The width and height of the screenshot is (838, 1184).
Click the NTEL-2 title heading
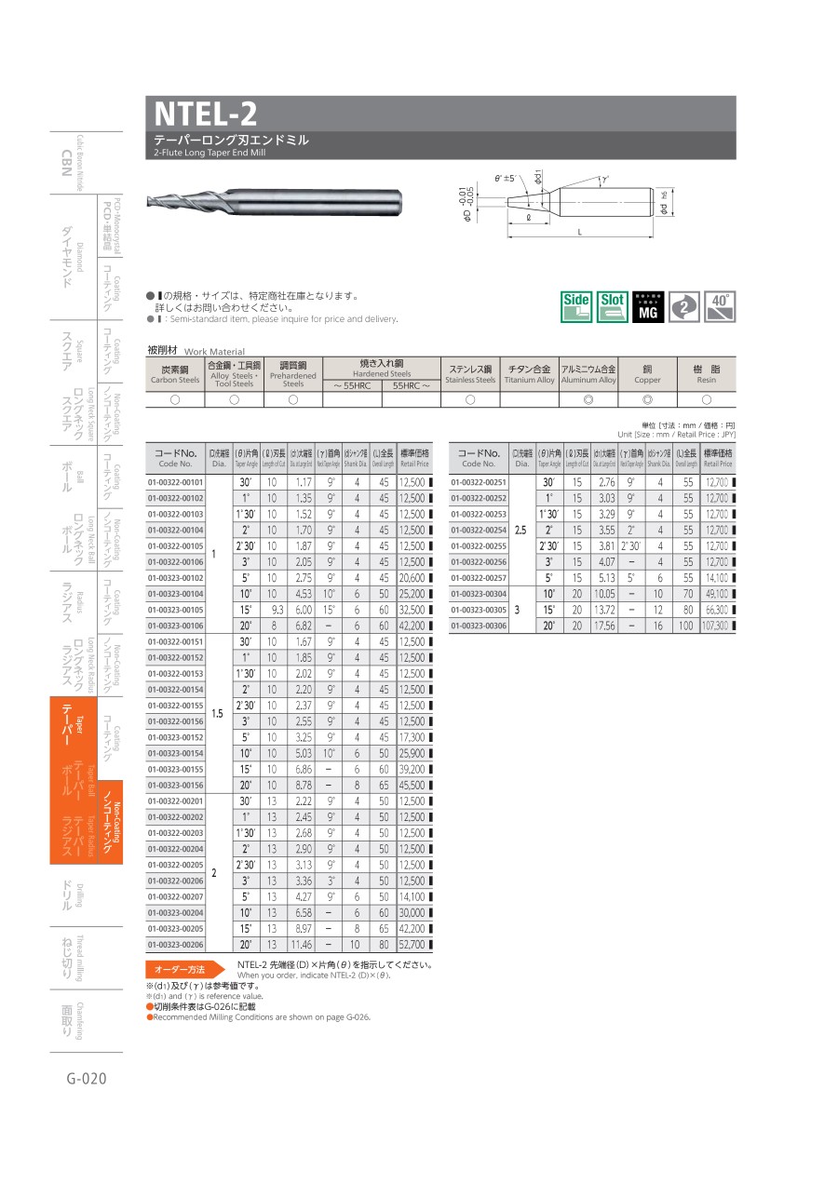click(206, 114)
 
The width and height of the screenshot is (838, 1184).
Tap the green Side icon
click(576, 306)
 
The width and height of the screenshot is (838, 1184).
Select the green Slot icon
click(612, 306)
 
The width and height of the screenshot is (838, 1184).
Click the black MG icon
click(648, 306)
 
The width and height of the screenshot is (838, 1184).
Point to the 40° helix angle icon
click(720, 306)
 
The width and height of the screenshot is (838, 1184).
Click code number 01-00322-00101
click(175, 482)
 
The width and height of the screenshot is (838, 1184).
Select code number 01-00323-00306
click(478, 626)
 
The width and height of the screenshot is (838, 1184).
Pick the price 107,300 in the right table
click(716, 626)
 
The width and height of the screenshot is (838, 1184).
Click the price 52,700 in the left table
click(412, 944)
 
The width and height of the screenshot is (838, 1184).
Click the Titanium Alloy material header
click(529, 372)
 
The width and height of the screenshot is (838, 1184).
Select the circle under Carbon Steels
click(175, 399)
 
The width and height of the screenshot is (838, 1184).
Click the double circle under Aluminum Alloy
click(588, 399)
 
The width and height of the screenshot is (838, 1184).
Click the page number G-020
click(87, 1079)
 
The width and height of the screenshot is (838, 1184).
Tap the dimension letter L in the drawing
click(580, 232)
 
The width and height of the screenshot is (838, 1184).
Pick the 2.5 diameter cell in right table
click(521, 530)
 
